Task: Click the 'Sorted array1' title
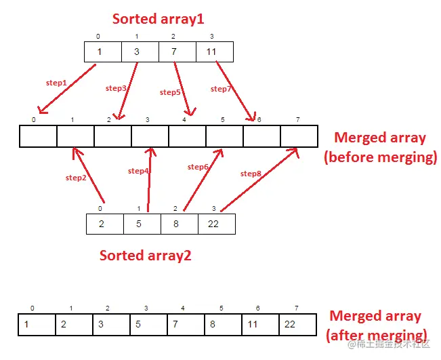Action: (158, 19)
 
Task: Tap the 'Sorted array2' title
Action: (146, 256)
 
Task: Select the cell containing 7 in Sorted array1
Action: (177, 52)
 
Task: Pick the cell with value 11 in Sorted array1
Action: (214, 52)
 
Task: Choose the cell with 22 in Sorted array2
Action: (216, 224)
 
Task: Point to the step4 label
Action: (139, 171)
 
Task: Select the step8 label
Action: (251, 174)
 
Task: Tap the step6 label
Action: (198, 167)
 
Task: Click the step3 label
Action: (117, 88)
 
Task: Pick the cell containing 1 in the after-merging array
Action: (37, 324)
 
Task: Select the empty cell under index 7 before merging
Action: (299, 137)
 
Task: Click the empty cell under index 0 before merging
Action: (38, 137)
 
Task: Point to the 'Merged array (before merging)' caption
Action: (379, 148)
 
